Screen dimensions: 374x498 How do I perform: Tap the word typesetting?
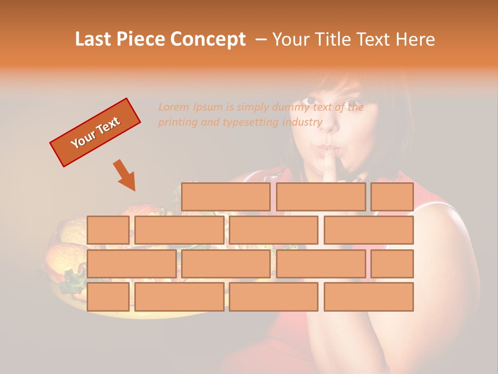(251, 123)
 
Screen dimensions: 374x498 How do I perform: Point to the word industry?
(302, 123)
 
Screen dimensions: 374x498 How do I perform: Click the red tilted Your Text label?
(95, 132)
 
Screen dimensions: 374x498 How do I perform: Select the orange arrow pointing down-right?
(125, 175)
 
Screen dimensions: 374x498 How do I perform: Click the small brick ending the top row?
(392, 197)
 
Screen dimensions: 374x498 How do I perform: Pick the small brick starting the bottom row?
(108, 297)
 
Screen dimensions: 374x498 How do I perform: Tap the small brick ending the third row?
(392, 264)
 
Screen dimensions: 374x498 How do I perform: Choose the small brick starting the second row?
(108, 230)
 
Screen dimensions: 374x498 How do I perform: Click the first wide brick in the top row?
(226, 197)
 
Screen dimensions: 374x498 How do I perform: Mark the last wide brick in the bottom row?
(368, 297)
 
